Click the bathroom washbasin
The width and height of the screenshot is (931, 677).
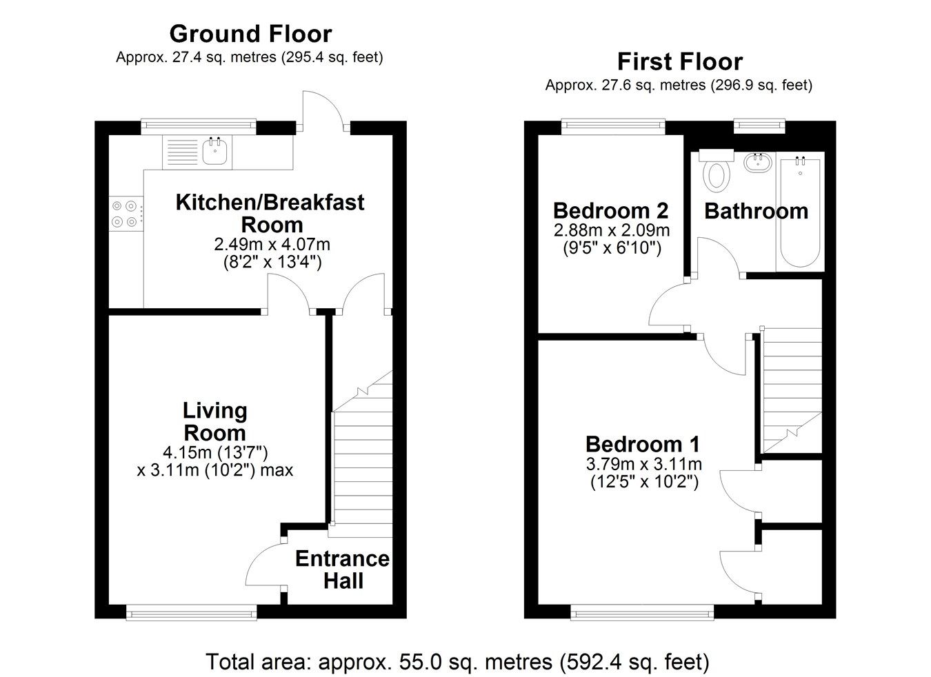pyautogui.click(x=758, y=163)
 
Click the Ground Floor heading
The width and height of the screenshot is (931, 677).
pyautogui.click(x=250, y=34)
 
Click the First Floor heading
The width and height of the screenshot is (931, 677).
pyautogui.click(x=679, y=62)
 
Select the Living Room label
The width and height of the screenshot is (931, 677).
pyautogui.click(x=214, y=422)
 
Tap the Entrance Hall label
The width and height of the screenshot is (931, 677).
pyautogui.click(x=342, y=569)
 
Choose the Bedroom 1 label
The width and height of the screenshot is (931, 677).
pyautogui.click(x=643, y=443)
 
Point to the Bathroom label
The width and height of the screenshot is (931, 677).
pyautogui.click(x=756, y=211)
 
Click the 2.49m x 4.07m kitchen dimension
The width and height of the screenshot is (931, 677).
pyautogui.click(x=272, y=244)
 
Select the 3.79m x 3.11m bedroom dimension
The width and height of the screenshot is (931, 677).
pyautogui.click(x=643, y=464)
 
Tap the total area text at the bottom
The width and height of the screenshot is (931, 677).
pyautogui.click(x=457, y=662)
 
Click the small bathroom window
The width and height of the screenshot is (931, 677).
pyautogui.click(x=759, y=125)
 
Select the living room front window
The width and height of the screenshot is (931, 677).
pyautogui.click(x=192, y=610)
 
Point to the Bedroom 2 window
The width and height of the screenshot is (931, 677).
pyautogui.click(x=612, y=125)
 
